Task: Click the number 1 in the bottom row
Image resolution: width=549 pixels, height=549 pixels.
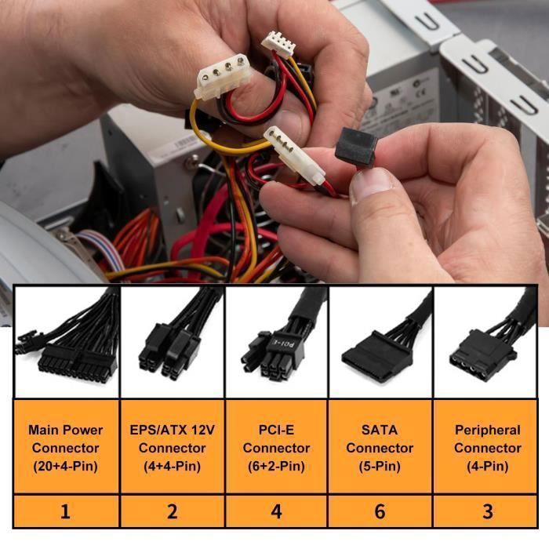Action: coord(65,511)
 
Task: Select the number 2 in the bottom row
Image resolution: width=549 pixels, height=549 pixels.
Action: coord(172,511)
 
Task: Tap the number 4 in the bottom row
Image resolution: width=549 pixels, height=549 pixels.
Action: coord(276,511)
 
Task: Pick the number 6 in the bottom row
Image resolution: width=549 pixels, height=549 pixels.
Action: coord(380,511)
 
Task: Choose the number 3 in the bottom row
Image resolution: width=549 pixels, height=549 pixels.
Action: coord(487,511)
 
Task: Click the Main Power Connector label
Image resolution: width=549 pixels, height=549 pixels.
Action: coord(65,448)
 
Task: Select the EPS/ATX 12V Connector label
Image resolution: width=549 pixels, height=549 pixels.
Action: coord(172,448)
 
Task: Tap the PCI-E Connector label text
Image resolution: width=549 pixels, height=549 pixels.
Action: coord(276,448)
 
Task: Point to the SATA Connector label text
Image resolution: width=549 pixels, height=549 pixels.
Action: coord(380,448)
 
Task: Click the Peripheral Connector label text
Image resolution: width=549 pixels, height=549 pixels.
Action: coord(487,448)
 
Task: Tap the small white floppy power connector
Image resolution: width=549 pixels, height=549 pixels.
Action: coord(278,45)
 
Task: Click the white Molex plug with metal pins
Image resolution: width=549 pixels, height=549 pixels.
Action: coord(294,155)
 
